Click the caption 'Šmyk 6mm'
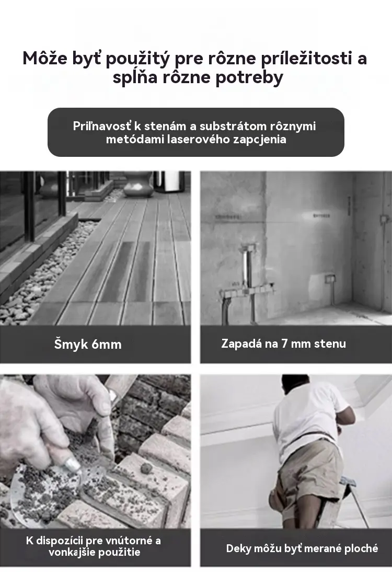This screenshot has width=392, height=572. click(88, 345)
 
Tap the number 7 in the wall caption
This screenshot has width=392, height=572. click(285, 344)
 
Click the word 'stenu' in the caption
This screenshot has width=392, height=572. click(330, 344)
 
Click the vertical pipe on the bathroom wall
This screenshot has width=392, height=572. click(248, 266)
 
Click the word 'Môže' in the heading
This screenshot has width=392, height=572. click(45, 59)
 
